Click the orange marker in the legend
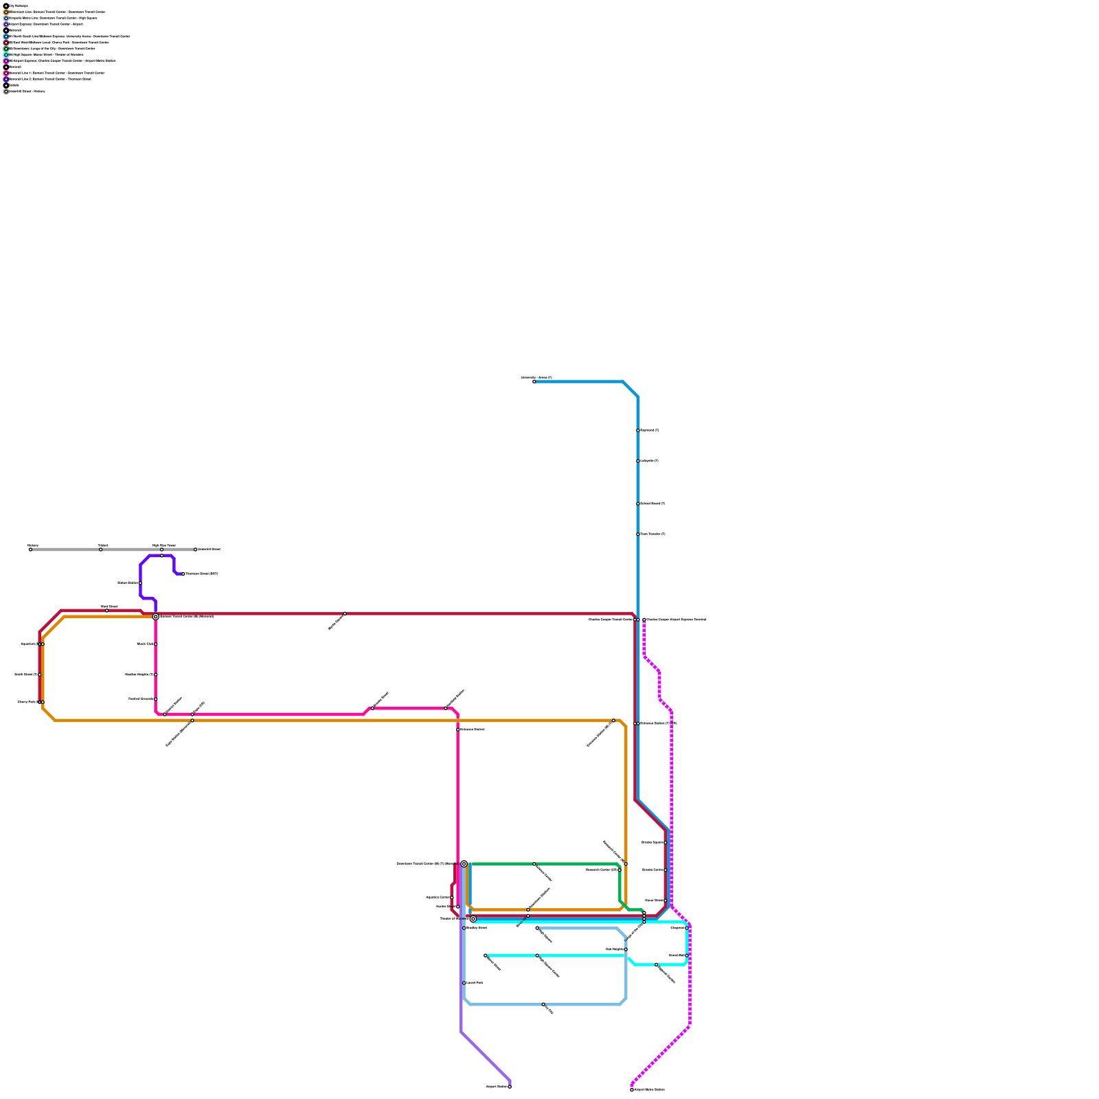(6, 12)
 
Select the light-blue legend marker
(6, 19)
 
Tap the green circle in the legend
(6, 49)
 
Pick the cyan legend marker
(6, 55)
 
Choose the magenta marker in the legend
(6, 61)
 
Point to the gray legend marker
(6, 91)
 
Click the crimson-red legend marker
(6, 43)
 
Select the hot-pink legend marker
(6, 73)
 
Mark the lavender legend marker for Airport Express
(6, 24)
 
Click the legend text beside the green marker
(52, 49)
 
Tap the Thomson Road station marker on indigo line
(183, 574)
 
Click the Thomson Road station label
(202, 574)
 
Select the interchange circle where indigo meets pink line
(156, 617)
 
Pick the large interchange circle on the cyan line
(473, 919)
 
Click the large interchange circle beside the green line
(464, 864)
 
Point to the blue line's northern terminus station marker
(534, 382)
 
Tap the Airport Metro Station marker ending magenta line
(632, 1090)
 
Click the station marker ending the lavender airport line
(510, 1087)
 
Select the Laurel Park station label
(475, 983)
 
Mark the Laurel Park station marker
(464, 983)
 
